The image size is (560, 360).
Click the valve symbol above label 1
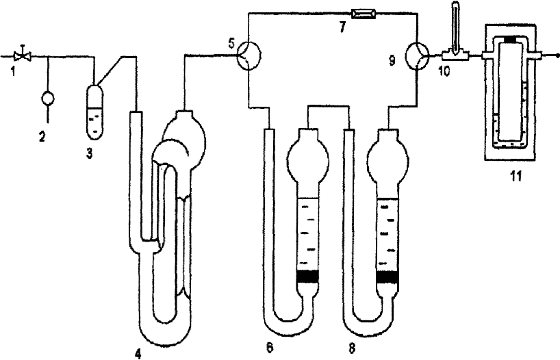pyautogui.click(x=23, y=55)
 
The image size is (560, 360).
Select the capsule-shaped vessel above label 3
pyautogui.click(x=95, y=111)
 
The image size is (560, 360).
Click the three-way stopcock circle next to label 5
pyautogui.click(x=249, y=55)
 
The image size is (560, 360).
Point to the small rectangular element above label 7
pyautogui.click(x=364, y=14)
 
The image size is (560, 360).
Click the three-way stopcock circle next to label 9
pyautogui.click(x=417, y=55)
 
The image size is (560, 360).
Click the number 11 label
pyautogui.click(x=516, y=176)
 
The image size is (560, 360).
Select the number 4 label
pyautogui.click(x=138, y=353)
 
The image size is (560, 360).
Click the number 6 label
pyautogui.click(x=270, y=347)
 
